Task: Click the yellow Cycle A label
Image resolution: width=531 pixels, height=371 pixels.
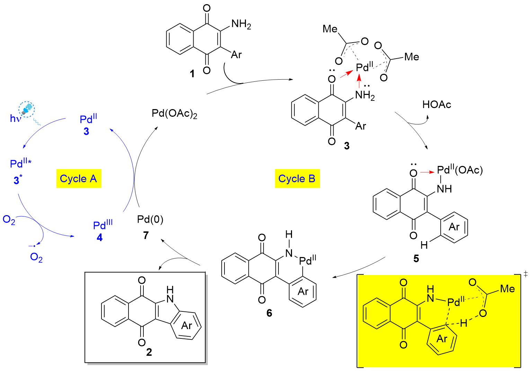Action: coord(79,179)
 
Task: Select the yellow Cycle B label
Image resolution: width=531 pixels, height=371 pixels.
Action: coord(297,179)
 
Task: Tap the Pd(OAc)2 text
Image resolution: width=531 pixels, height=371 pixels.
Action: coord(174,114)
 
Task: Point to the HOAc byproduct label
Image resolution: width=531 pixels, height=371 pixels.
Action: coord(436,105)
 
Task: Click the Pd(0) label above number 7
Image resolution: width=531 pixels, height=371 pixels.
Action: coord(150,219)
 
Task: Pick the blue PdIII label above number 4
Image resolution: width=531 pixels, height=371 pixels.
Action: coord(103,225)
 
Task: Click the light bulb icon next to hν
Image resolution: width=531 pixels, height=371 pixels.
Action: coord(27,109)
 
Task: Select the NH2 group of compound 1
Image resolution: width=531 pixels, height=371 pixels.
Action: coord(241,24)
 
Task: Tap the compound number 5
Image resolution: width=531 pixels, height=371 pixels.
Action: coord(416,258)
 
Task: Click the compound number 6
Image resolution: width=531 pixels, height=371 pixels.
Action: coord(269,313)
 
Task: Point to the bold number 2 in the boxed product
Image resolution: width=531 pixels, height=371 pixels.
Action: coord(149,352)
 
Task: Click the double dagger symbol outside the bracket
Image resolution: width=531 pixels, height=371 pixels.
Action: coord(525,274)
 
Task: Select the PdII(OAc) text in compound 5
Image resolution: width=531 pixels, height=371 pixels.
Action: coord(460,170)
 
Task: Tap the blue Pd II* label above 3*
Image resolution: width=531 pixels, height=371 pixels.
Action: coord(21,163)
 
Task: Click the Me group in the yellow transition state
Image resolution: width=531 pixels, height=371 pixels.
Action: coord(507,289)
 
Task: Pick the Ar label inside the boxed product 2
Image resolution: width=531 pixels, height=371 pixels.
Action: coord(187,326)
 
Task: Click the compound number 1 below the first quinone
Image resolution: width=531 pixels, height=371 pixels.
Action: coord(192,74)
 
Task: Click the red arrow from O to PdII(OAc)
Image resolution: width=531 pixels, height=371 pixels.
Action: coord(427,172)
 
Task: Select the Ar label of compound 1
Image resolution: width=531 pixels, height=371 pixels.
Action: coord(236,55)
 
